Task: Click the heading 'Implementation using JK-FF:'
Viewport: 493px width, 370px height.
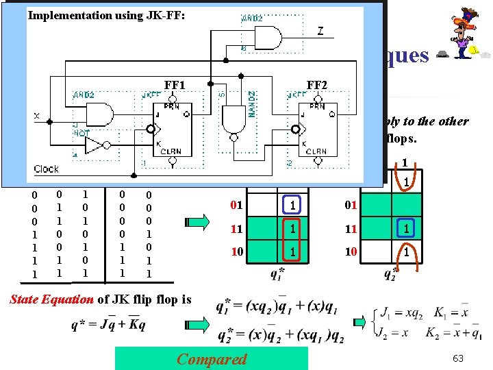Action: (106, 15)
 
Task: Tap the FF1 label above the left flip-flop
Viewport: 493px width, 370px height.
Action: (175, 85)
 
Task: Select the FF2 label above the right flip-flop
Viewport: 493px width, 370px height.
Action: (317, 85)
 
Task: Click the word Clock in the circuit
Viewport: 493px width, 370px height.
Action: (47, 169)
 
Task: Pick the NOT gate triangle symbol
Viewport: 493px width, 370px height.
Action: (93, 145)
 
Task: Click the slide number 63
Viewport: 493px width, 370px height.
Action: (458, 358)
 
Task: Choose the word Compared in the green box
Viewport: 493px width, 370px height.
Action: (212, 358)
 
